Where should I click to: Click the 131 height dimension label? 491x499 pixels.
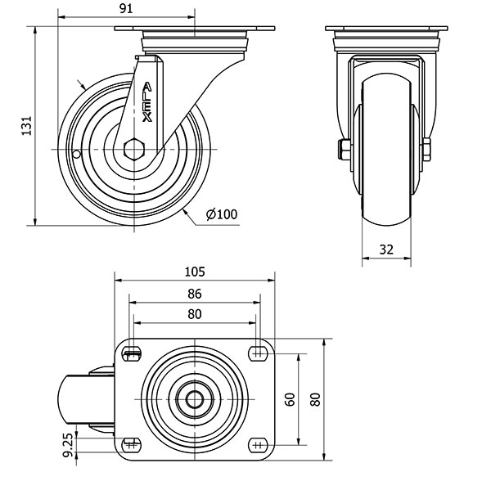pyautogui.click(x=27, y=126)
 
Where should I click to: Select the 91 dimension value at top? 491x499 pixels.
pyautogui.click(x=126, y=9)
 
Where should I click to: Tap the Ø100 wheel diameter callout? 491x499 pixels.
pyautogui.click(x=222, y=214)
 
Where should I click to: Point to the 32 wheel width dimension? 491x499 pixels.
pyautogui.click(x=386, y=249)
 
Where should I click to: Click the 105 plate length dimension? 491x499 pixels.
pyautogui.click(x=195, y=272)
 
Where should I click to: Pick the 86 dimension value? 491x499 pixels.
pyautogui.click(x=195, y=294)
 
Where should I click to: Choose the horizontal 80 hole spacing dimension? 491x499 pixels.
pyautogui.click(x=195, y=314)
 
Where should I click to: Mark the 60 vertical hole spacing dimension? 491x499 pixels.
pyautogui.click(x=290, y=399)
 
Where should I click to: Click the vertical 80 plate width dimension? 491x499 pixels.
pyautogui.click(x=315, y=399)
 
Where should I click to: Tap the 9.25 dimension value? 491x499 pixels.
pyautogui.click(x=68, y=446)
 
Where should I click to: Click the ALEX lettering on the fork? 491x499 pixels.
pyautogui.click(x=147, y=102)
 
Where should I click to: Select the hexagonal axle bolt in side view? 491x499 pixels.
pyautogui.click(x=134, y=149)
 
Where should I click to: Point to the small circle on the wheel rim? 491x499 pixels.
pyautogui.click(x=76, y=155)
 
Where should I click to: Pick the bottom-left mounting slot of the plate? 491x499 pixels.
pyautogui.click(x=131, y=445)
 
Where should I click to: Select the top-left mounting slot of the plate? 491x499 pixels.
pyautogui.click(x=132, y=353)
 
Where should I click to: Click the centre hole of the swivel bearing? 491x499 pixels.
pyautogui.click(x=195, y=399)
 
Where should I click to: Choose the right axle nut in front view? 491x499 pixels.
pyautogui.click(x=426, y=149)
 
